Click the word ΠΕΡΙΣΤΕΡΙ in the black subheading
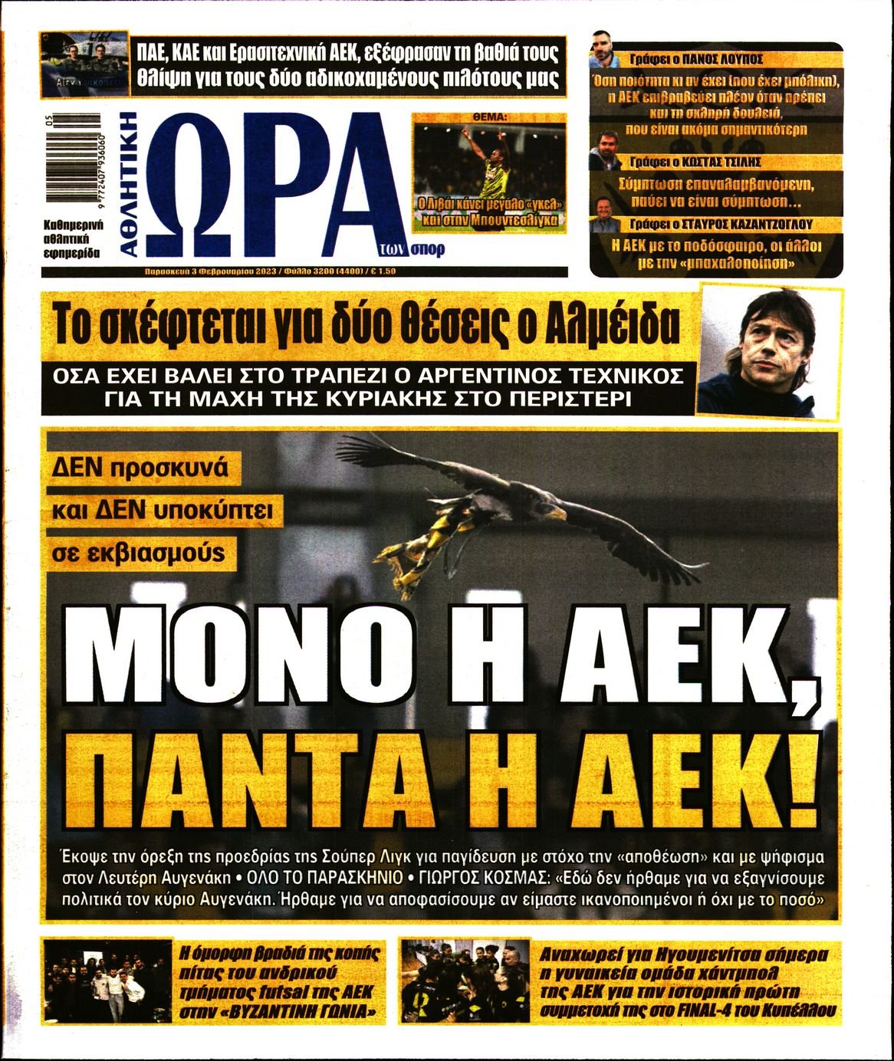pos(578,400)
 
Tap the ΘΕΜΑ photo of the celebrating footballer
pos(488,172)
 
